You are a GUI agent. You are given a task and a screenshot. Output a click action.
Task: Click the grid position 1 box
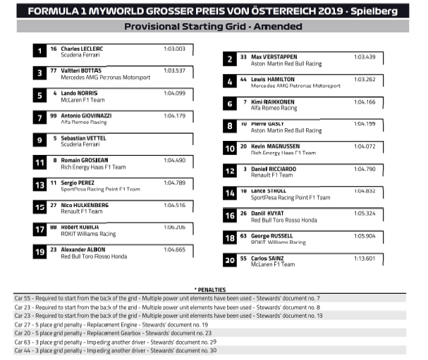[x=40, y=50]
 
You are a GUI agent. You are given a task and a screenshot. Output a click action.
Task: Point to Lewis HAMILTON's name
[x=272, y=80]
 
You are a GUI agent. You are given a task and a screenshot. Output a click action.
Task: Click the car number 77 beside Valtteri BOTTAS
[x=54, y=70]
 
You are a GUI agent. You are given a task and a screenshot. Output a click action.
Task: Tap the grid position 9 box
[x=40, y=140]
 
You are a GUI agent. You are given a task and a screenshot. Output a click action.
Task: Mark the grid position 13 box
[x=40, y=185]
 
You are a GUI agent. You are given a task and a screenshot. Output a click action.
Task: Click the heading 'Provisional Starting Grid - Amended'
[x=213, y=26]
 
